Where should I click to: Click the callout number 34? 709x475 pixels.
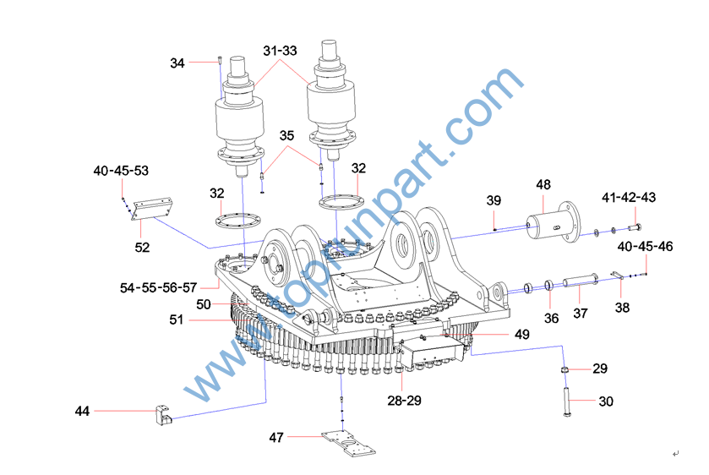[177, 63]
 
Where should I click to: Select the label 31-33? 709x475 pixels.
[280, 51]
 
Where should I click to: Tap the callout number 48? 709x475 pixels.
[543, 184]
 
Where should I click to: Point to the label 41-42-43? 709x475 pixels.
[629, 197]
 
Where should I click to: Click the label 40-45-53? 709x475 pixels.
[121, 171]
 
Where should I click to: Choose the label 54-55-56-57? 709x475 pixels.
[158, 287]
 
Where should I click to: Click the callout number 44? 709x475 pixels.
[82, 412]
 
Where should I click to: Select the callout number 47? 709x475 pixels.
[276, 438]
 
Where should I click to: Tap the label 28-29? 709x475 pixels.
[404, 401]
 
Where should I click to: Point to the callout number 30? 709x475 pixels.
[606, 401]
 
